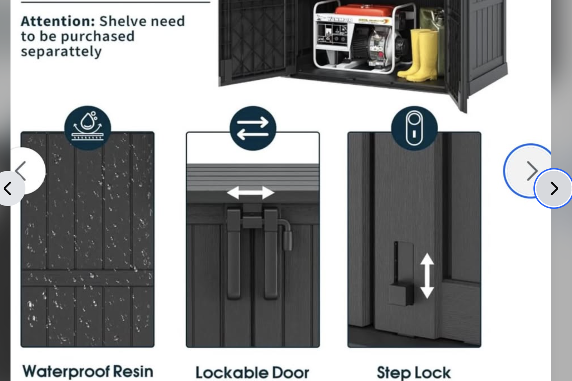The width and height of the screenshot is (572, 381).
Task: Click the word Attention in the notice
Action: coord(57,21)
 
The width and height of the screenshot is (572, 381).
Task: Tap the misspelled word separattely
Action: coord(61,52)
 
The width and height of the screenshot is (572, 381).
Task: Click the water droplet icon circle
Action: coord(88,128)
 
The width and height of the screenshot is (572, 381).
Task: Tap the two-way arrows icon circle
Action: coord(253,128)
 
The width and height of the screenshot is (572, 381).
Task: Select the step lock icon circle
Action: coord(414,128)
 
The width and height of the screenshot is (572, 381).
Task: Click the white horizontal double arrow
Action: coord(251,193)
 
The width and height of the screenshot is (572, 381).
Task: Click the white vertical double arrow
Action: coord(427,276)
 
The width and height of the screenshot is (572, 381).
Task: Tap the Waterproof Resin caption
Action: coord(88,371)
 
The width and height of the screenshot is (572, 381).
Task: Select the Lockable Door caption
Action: coord(252,373)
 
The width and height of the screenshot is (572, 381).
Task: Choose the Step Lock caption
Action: coord(414,373)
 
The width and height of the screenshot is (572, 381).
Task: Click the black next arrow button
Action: coord(554,188)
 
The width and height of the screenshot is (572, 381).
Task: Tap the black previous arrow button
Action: coord(8,188)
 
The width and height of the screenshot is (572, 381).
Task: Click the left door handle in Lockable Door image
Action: coord(234,254)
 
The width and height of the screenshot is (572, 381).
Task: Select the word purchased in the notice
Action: coord(98,36)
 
